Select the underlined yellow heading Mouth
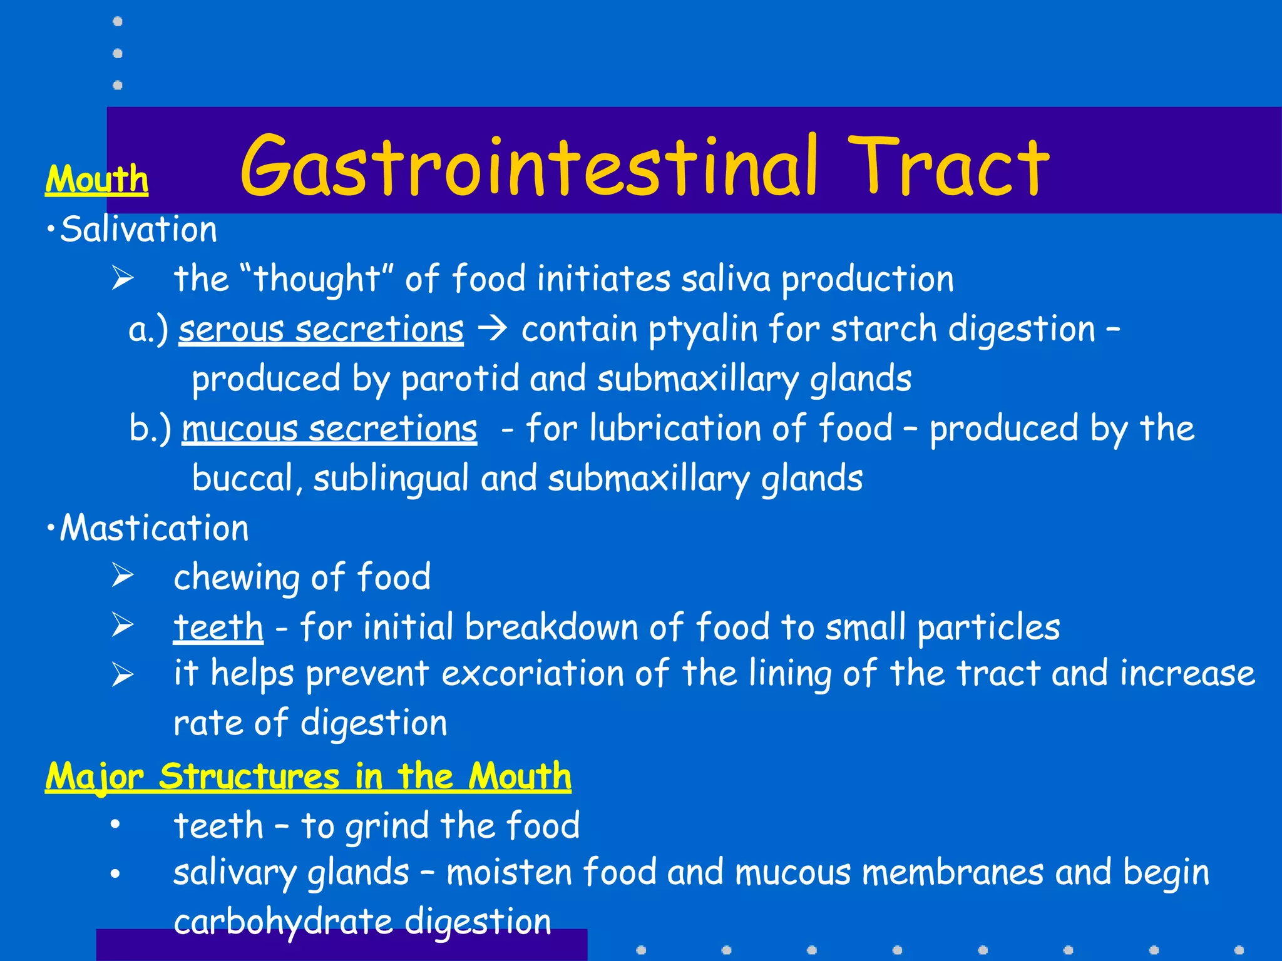click(x=96, y=180)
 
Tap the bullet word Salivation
click(x=138, y=230)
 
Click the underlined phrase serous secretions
click(x=321, y=330)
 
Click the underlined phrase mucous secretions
click(x=329, y=430)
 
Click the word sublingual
click(x=391, y=480)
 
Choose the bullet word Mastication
click(x=154, y=529)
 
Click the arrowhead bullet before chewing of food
click(x=123, y=576)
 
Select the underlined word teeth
click(x=218, y=628)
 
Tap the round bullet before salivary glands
click(x=115, y=873)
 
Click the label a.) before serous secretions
click(x=148, y=330)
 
